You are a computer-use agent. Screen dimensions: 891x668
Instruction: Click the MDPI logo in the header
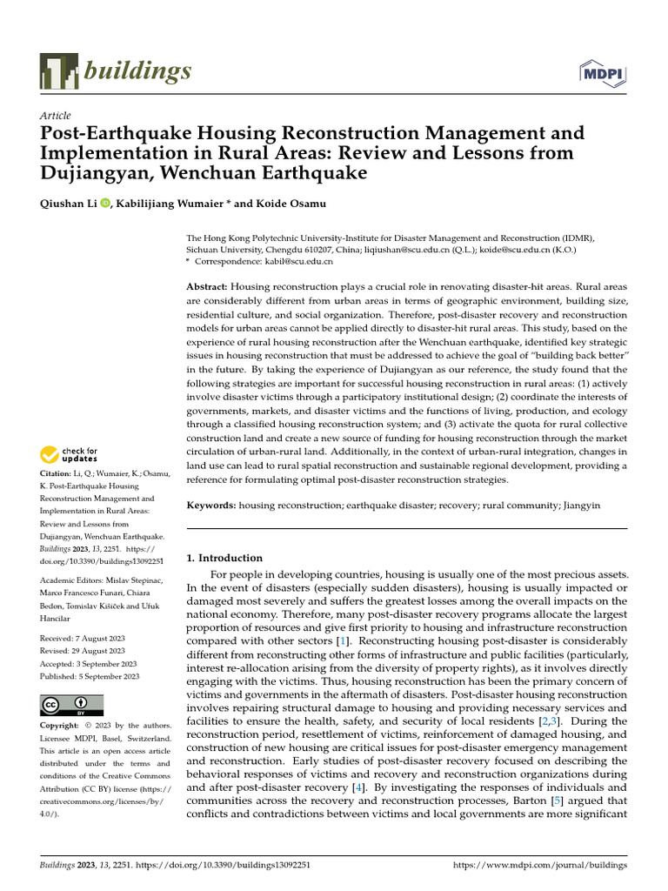click(601, 74)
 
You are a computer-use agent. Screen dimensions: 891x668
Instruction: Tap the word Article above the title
click(56, 116)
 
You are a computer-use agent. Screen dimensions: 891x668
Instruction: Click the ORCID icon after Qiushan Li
click(106, 204)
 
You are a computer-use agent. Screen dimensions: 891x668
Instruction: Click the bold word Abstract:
click(209, 286)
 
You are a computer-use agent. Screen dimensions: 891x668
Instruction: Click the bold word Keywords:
click(212, 505)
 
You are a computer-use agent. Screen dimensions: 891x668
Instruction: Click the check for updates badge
click(69, 454)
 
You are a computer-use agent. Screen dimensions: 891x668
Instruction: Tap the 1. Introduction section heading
click(224, 558)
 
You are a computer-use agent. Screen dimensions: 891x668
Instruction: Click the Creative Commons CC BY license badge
click(71, 705)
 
